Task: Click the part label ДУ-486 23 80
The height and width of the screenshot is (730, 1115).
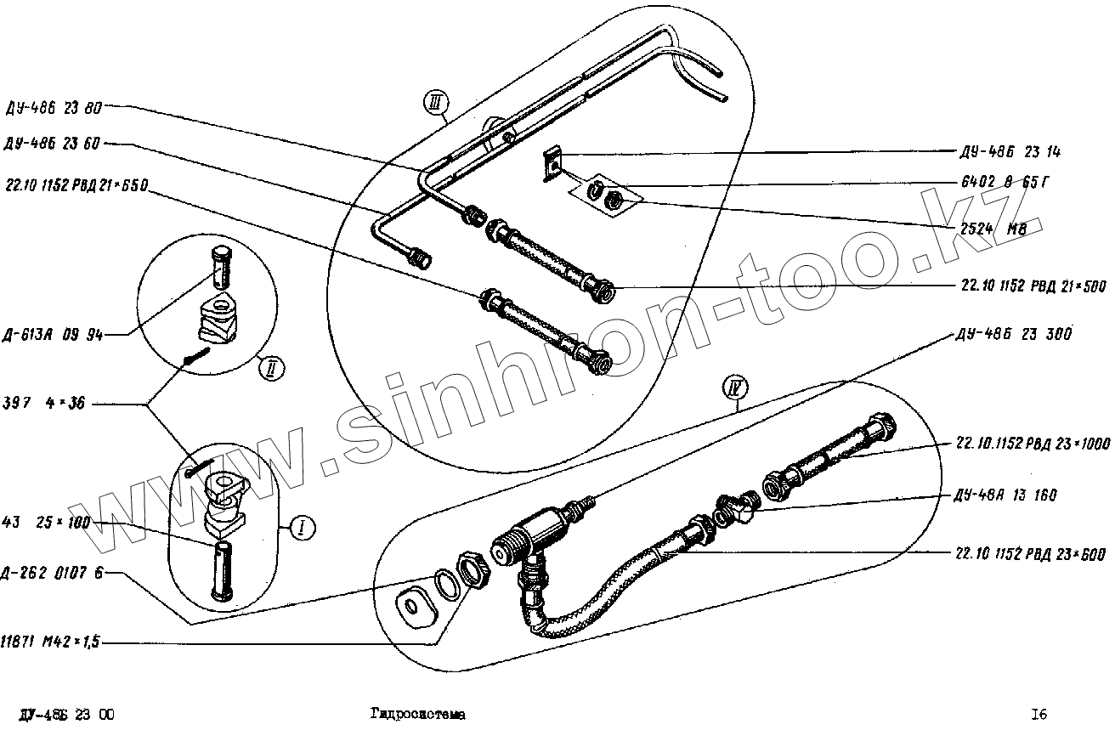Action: (x=54, y=108)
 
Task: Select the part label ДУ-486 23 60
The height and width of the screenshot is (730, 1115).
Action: (x=54, y=144)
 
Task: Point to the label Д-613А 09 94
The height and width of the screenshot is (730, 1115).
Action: (x=54, y=335)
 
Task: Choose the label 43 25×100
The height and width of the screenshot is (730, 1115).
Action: (x=46, y=522)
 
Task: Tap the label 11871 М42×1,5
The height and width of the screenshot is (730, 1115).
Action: (x=51, y=643)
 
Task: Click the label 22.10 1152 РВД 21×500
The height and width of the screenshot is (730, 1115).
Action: (x=1022, y=287)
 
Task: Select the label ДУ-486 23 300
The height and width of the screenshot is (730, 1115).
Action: (x=1012, y=335)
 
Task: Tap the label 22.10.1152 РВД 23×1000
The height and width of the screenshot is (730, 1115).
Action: (x=1022, y=443)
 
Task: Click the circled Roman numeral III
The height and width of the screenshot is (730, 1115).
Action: (x=435, y=105)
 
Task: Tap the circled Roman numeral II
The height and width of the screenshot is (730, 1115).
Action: (x=270, y=369)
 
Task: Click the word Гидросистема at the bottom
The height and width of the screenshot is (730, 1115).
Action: (x=417, y=715)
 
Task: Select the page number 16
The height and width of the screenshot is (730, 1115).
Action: (x=1039, y=715)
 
